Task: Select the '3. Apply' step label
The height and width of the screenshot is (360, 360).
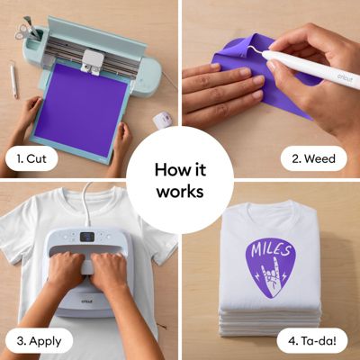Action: click(x=37, y=341)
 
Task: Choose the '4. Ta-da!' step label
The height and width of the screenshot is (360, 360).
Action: click(x=314, y=341)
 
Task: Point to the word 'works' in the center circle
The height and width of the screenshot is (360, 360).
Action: click(x=180, y=191)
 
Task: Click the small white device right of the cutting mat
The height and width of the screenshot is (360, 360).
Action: click(x=162, y=119)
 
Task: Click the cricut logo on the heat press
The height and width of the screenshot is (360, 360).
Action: click(x=85, y=306)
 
